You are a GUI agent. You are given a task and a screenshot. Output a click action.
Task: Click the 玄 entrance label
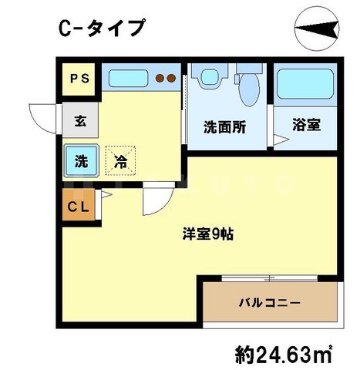click(x=80, y=120)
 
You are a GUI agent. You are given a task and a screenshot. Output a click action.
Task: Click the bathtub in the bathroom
click(x=304, y=83)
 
